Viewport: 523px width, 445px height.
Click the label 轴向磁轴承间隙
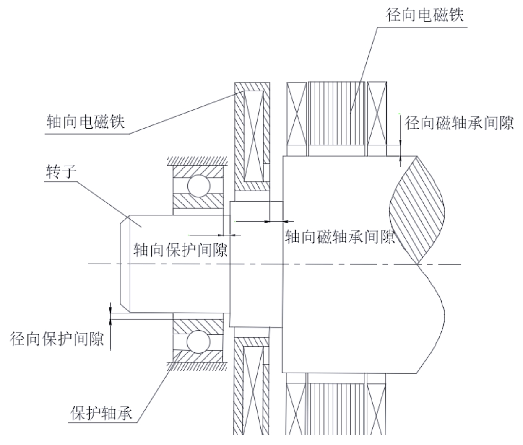pos(340,237)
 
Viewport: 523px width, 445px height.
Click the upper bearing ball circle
pos(198,185)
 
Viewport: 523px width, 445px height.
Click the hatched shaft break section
pos(417,210)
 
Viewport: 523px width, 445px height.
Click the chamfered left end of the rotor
pos(124,263)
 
